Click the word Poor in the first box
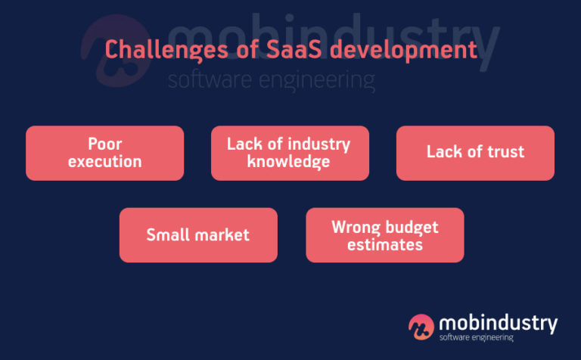tap(105, 144)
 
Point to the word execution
tap(105, 161)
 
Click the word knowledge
tap(288, 161)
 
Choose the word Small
tap(169, 234)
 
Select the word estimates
tap(384, 244)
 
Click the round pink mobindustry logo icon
tap(421, 327)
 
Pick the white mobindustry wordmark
tap(498, 323)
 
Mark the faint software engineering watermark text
tap(271, 79)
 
